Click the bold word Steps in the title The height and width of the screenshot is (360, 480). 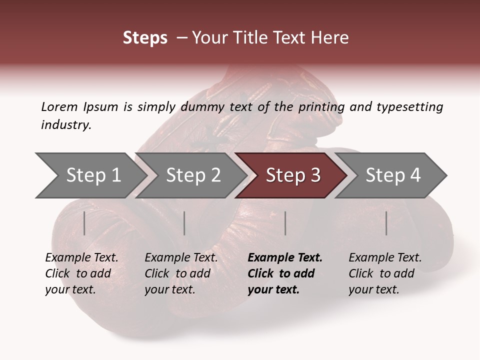click(x=145, y=38)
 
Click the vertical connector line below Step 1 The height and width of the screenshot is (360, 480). click(x=84, y=223)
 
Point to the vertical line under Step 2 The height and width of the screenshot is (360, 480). click(x=184, y=223)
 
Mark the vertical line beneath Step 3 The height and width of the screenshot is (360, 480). click(x=285, y=223)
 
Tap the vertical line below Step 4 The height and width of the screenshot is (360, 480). click(x=386, y=223)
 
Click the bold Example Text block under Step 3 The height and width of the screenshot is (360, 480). click(x=285, y=273)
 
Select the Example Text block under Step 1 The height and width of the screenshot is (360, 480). click(x=81, y=273)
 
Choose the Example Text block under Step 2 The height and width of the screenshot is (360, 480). click(x=181, y=273)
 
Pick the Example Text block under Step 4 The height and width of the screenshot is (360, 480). click(x=385, y=273)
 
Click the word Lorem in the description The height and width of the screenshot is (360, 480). click(x=59, y=107)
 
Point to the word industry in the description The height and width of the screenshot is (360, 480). click(x=66, y=125)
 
